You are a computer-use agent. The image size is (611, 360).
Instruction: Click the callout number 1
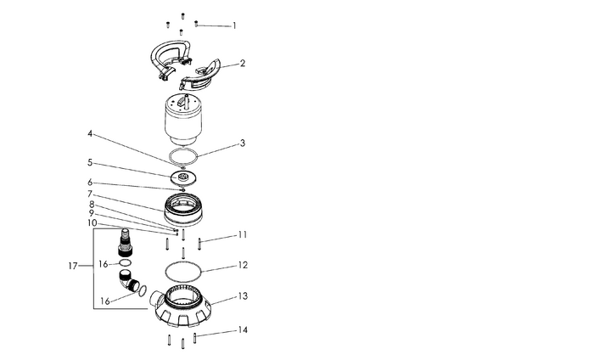point(234,26)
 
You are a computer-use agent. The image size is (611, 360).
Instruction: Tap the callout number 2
point(243,63)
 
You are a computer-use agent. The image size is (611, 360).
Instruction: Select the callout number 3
point(243,143)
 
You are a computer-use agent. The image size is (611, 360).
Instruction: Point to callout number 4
point(90,134)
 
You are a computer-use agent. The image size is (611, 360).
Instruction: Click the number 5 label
point(90,162)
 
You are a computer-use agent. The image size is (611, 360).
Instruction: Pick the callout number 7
point(90,194)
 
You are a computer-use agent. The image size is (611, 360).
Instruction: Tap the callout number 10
point(92,223)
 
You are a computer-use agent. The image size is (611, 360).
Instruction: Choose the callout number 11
point(243,235)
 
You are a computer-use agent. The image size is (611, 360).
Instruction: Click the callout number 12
point(243,265)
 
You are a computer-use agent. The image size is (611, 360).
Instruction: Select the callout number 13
point(243,296)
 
